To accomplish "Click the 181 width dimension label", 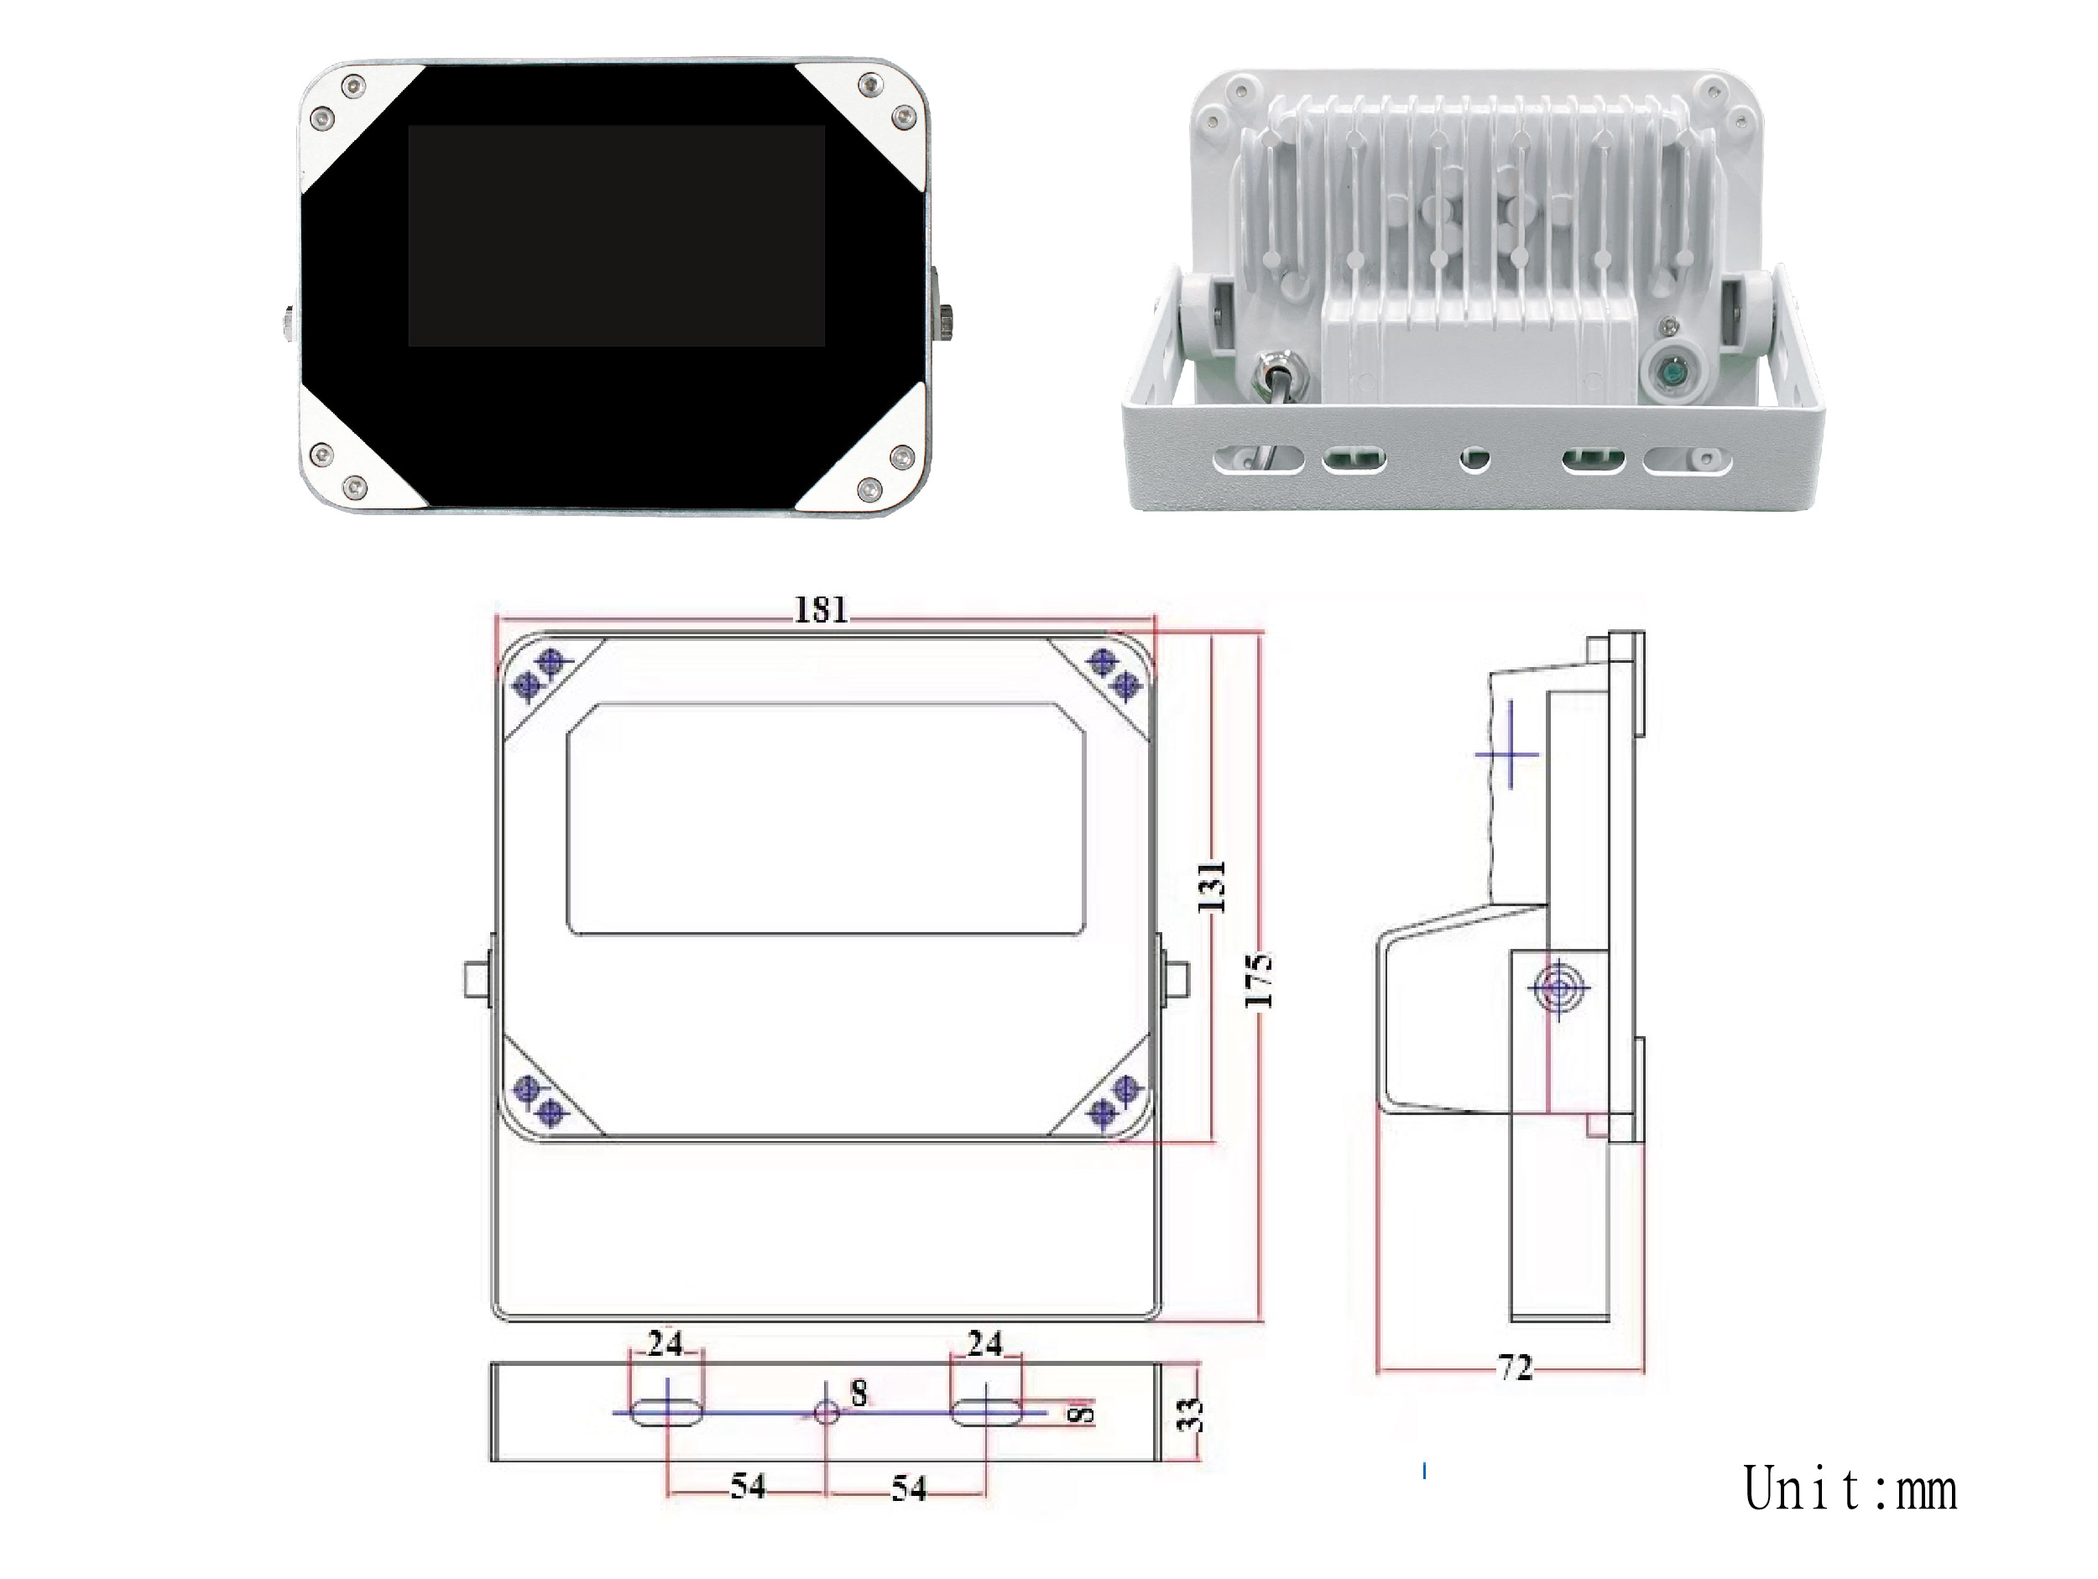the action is click(821, 609).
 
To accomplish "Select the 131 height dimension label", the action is click(1211, 887).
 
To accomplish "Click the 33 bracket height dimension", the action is click(1192, 1414).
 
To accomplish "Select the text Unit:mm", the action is click(1850, 1489).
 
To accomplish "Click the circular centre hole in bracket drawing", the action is click(826, 1412).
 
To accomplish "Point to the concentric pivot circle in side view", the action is click(1558, 989).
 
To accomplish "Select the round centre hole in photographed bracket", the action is click(1474, 460).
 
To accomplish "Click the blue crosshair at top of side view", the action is click(1507, 755).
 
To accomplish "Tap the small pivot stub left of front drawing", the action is click(477, 980).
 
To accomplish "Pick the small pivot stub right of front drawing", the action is click(1176, 980).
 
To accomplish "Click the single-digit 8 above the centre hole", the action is click(859, 1392).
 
